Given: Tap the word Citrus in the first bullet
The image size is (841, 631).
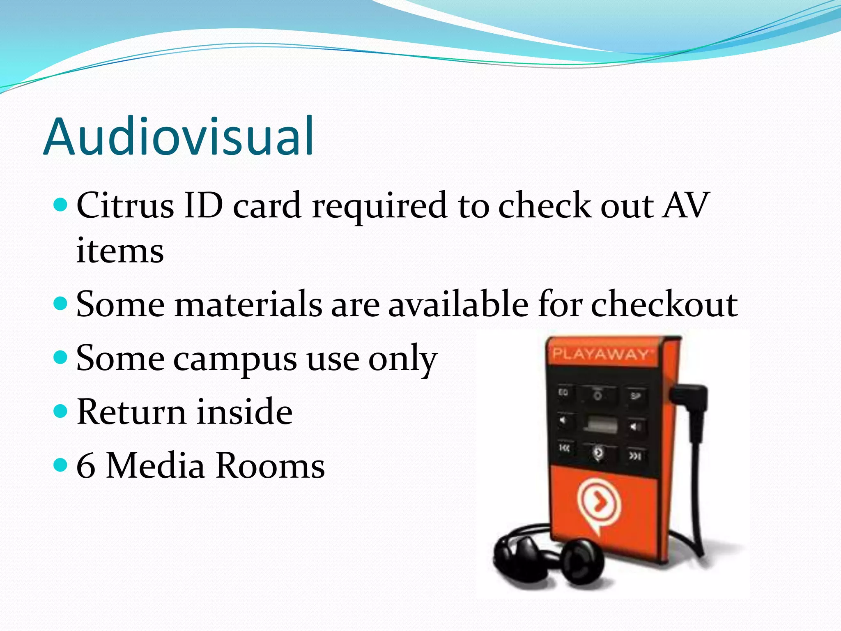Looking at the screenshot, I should pos(125,205).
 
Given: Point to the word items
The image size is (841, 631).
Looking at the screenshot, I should pos(120,251).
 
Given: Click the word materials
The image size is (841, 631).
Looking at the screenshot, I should pos(248,304).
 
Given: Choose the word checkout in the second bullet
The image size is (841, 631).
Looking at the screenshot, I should pos(664,304).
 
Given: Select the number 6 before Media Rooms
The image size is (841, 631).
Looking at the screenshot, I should pos(86,466).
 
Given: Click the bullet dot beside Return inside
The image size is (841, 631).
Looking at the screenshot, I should pos(60,411).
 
